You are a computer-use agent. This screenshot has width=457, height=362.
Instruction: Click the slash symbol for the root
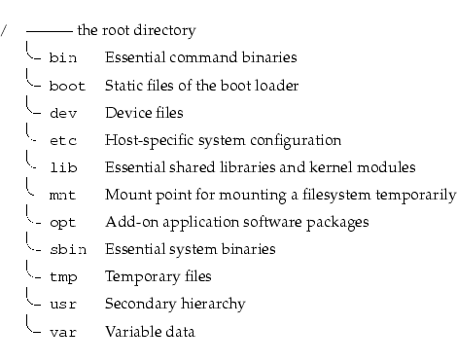tap(5, 31)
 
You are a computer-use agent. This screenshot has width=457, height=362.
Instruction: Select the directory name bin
tap(62, 58)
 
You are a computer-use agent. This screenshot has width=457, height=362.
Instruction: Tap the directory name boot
tap(66, 86)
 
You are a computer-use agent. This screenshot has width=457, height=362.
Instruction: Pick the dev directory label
tap(62, 113)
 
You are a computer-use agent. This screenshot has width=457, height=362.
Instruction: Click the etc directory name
tap(62, 140)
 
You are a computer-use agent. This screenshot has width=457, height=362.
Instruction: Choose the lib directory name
tap(62, 167)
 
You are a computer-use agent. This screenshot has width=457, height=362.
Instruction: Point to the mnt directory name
tap(62, 195)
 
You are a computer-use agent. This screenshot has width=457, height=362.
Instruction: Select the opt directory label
tap(62, 223)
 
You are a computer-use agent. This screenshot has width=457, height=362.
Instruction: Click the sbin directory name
tap(66, 250)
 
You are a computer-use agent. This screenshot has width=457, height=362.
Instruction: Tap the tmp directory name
tap(62, 277)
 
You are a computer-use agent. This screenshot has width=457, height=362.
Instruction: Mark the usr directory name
tap(62, 305)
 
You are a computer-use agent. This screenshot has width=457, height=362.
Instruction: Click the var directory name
tap(62, 332)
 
